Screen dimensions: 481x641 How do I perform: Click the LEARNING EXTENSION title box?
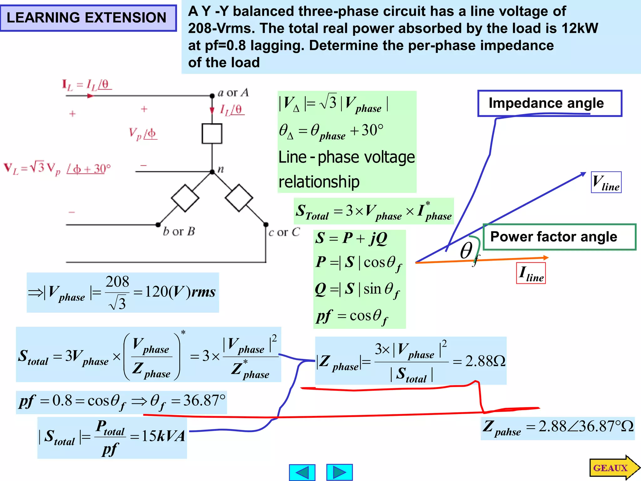88,18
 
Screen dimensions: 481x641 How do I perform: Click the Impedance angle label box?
549,103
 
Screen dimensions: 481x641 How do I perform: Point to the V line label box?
606,182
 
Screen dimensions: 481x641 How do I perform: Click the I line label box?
531,273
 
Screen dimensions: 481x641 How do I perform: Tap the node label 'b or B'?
179,231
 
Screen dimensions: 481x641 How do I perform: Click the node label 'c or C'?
284,232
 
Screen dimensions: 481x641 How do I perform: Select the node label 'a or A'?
233,93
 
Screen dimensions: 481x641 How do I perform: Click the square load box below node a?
212,134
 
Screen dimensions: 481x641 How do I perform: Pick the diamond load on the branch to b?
185,198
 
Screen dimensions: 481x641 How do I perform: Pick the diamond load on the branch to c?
239,198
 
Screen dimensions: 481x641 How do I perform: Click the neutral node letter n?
221,169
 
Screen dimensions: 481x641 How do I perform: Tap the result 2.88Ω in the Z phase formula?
485,361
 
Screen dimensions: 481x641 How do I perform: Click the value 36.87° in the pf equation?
204,401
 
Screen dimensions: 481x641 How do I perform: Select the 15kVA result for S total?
163,436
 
